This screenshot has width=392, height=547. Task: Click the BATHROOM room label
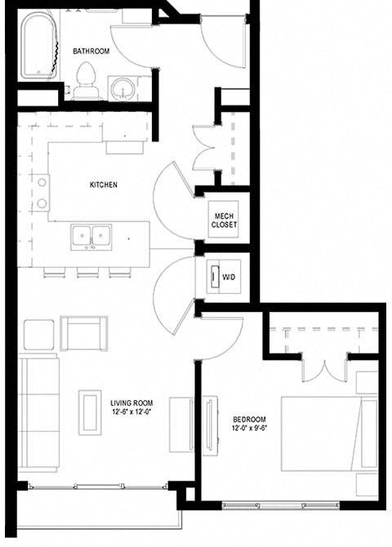coord(91,51)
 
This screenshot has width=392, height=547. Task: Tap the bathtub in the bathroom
coord(39,47)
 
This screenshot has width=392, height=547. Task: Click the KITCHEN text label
coord(104,185)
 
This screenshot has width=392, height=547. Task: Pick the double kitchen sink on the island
coord(91,236)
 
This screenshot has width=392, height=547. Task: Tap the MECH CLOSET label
coord(224,219)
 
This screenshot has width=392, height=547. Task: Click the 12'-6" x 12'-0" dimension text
coord(132,412)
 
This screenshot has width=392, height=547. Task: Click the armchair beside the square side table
coord(83,332)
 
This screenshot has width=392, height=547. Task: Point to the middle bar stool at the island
coord(88,273)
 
